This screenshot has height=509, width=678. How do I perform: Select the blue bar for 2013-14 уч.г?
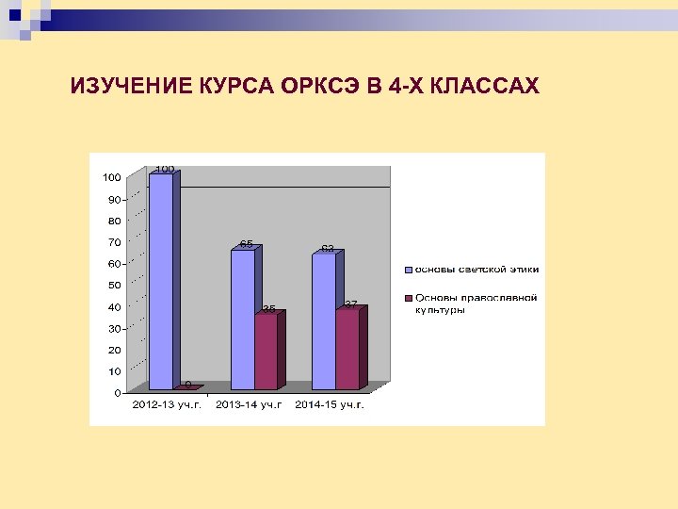click(x=242, y=320)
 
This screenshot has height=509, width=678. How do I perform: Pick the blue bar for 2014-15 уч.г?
click(x=323, y=321)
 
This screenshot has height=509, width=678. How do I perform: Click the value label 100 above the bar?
click(x=165, y=169)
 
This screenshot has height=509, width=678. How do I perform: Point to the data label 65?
click(x=246, y=244)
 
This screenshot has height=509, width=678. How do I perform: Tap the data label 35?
click(x=269, y=308)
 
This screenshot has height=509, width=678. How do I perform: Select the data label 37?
click(x=350, y=304)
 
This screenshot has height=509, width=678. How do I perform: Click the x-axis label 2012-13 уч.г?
click(x=167, y=404)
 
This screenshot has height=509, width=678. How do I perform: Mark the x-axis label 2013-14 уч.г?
click(x=249, y=404)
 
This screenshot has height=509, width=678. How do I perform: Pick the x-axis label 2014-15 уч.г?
click(x=330, y=404)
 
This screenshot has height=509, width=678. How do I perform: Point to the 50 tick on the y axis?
click(x=113, y=285)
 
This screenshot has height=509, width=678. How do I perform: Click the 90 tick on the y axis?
click(x=113, y=199)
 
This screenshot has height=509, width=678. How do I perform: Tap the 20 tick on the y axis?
click(x=113, y=350)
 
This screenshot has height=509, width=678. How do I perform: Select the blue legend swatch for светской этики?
click(x=409, y=270)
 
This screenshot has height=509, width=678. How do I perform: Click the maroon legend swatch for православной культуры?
click(x=409, y=298)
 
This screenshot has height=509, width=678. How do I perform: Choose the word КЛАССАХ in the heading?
click(x=485, y=88)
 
